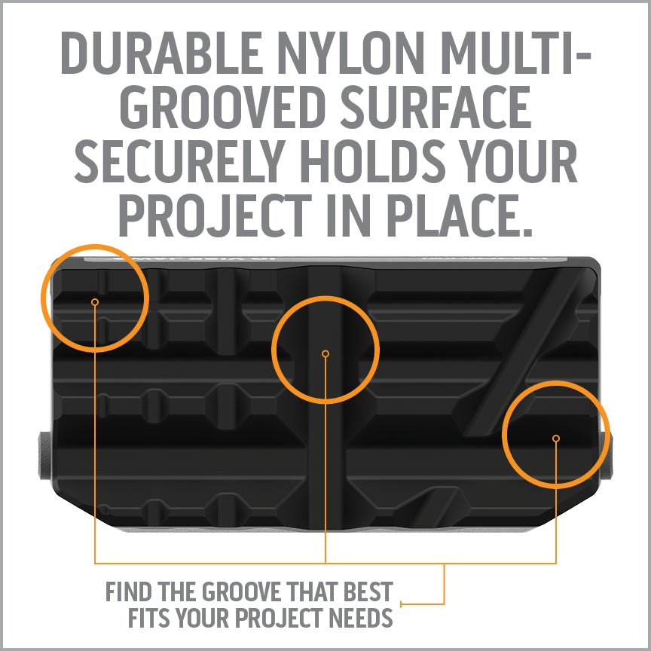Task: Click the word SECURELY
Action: tap(180, 160)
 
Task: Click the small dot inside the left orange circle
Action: tap(95, 302)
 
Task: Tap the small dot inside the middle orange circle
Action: tap(325, 353)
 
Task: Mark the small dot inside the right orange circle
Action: tap(556, 439)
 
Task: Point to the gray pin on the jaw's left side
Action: tap(45, 455)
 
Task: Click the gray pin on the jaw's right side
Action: tap(607, 455)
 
